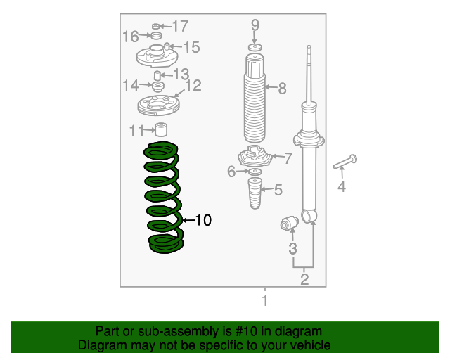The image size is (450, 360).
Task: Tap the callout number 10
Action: (x=203, y=220)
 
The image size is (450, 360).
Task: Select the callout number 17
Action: (x=180, y=26)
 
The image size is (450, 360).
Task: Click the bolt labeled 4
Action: (x=345, y=162)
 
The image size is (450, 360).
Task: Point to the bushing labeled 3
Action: (x=289, y=223)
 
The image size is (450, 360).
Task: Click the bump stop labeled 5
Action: (x=255, y=193)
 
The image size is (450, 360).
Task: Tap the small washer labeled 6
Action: (x=255, y=172)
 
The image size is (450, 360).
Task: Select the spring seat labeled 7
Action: (x=255, y=157)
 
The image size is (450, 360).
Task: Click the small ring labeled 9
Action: (x=255, y=47)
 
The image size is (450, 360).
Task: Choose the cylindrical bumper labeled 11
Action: (x=161, y=129)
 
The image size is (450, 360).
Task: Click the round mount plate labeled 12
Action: (x=158, y=105)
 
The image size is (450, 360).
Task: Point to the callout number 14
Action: (x=131, y=85)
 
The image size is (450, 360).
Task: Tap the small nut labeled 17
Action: (x=156, y=27)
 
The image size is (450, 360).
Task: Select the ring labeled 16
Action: (x=156, y=36)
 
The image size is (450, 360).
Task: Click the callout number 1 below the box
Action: (x=265, y=300)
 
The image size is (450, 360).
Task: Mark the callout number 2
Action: (x=304, y=279)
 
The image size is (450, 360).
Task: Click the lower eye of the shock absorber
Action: (x=309, y=216)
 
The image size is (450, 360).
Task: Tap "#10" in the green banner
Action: (x=245, y=331)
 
